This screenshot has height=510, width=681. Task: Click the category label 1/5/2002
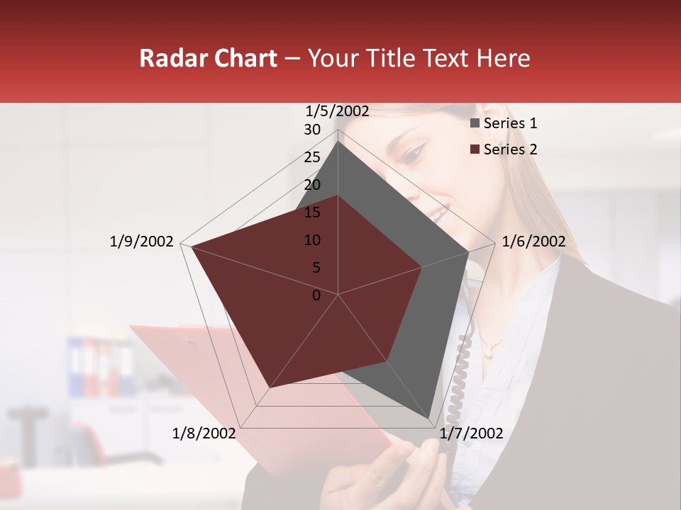pyautogui.click(x=337, y=110)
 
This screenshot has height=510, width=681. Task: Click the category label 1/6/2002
pyautogui.click(x=533, y=242)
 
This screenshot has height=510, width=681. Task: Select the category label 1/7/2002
pyautogui.click(x=471, y=433)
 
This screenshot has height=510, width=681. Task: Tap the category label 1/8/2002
pyautogui.click(x=204, y=433)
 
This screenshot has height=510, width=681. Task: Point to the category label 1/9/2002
pyautogui.click(x=141, y=242)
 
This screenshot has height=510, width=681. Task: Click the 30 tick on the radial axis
pyautogui.click(x=312, y=130)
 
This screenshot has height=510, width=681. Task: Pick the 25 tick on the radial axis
pyautogui.click(x=312, y=157)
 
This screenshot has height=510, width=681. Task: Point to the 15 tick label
pyautogui.click(x=312, y=212)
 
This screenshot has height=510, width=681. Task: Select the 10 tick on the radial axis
pyautogui.click(x=312, y=240)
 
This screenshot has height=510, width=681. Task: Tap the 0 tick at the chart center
pyautogui.click(x=316, y=295)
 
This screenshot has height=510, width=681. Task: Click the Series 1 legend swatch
pyautogui.click(x=475, y=123)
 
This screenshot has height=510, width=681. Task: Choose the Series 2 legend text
pyautogui.click(x=510, y=149)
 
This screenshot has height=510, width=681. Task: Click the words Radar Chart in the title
pyautogui.click(x=208, y=58)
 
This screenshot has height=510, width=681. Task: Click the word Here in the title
pyautogui.click(x=503, y=58)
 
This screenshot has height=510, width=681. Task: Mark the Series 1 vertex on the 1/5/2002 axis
pyautogui.click(x=338, y=142)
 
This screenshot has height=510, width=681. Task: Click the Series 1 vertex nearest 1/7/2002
pyautogui.click(x=429, y=418)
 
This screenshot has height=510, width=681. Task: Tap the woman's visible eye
pyautogui.click(x=414, y=152)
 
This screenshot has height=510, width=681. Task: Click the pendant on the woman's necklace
pyautogui.click(x=489, y=347)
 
